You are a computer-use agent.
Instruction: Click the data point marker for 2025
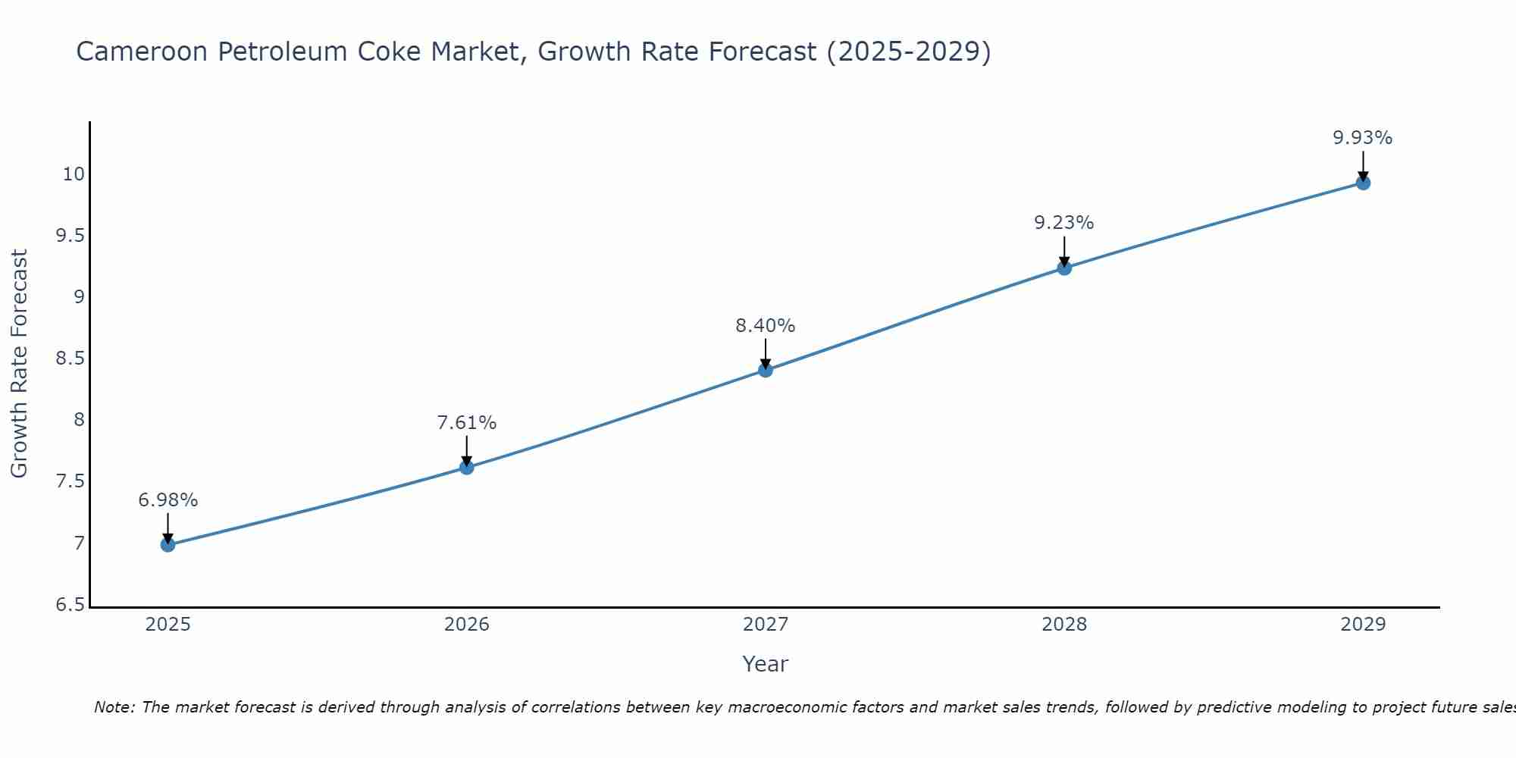click(x=168, y=544)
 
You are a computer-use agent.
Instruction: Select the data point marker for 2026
click(x=467, y=467)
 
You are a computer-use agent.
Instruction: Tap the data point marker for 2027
click(x=766, y=370)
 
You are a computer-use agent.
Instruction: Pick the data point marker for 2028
click(x=1064, y=268)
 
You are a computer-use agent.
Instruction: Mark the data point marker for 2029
click(x=1363, y=183)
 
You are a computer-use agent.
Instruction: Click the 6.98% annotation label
click(x=168, y=500)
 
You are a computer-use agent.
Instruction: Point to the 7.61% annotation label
click(x=467, y=423)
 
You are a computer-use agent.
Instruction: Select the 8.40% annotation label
click(x=766, y=326)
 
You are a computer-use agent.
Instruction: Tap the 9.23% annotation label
click(x=1064, y=223)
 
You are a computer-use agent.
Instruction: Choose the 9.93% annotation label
click(x=1363, y=138)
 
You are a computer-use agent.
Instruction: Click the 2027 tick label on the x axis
click(x=766, y=625)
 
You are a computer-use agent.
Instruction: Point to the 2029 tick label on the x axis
click(x=1363, y=625)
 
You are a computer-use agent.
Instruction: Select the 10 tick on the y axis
click(x=74, y=174)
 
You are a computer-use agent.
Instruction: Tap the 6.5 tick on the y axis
click(x=70, y=605)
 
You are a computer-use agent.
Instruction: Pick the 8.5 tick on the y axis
click(x=70, y=359)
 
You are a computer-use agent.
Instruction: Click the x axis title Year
click(x=766, y=664)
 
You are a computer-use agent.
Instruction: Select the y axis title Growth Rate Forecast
click(x=19, y=364)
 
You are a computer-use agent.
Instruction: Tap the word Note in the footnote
click(x=113, y=707)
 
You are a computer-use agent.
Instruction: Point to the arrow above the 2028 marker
click(x=1064, y=250)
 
